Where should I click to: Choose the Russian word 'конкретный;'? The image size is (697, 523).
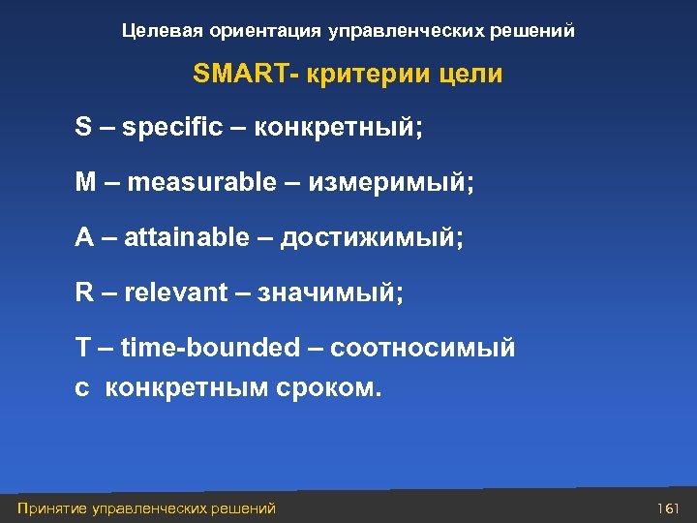pyautogui.click(x=338, y=129)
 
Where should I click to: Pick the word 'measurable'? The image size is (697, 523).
pyautogui.click(x=200, y=183)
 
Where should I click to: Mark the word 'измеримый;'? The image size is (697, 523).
pyautogui.click(x=392, y=183)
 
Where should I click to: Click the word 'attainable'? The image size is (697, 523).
pyautogui.click(x=187, y=238)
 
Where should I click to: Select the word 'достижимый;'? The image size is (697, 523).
pyautogui.click(x=372, y=238)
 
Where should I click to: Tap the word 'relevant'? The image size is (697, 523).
pyautogui.click(x=173, y=292)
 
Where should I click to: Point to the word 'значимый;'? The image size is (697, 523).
pyautogui.click(x=330, y=292)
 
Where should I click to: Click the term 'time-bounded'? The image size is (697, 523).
pyautogui.click(x=210, y=348)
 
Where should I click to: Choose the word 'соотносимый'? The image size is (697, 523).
pyautogui.click(x=423, y=348)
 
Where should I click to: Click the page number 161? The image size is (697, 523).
pyautogui.click(x=668, y=508)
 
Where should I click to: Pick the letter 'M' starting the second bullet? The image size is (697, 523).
pyautogui.click(x=85, y=183)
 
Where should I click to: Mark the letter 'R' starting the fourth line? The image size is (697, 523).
pyautogui.click(x=83, y=292)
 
